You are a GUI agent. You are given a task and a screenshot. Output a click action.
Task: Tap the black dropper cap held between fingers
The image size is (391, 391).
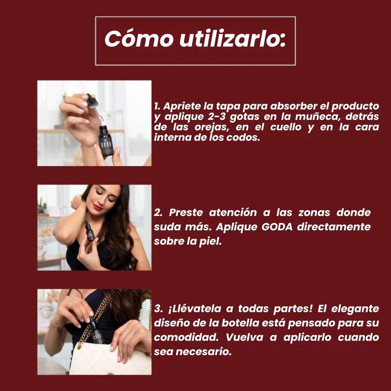coord(92,101)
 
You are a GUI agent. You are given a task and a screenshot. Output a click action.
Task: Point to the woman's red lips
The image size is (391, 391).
coord(98,207)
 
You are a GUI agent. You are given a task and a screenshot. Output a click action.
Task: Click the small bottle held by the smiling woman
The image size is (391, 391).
coord(90,231)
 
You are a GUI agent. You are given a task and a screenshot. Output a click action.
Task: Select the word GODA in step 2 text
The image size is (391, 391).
coord(277,227)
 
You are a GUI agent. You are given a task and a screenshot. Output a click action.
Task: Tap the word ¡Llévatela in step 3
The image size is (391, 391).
coord(195,309)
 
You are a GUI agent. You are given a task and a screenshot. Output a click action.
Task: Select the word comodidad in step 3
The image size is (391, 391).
coord(186,337)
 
